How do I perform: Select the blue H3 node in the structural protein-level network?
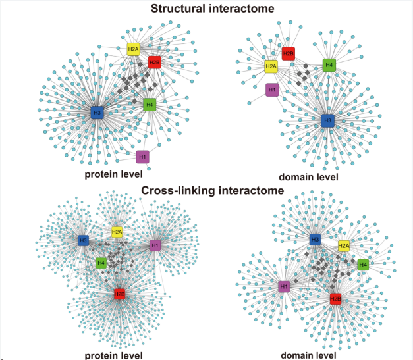point(97,113)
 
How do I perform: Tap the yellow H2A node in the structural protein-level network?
point(134,49)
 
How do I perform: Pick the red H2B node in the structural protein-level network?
point(154,63)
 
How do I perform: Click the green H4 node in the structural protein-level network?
point(150,104)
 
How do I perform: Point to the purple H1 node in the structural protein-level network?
point(142,157)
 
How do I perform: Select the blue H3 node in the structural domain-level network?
point(327,120)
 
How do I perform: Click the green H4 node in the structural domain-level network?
point(329,64)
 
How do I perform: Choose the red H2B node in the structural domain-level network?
point(288,53)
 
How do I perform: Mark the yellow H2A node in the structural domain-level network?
point(271,66)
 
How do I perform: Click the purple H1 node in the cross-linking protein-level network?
point(155,245)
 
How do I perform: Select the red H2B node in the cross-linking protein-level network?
point(119,294)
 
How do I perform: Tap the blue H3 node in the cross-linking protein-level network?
point(83,241)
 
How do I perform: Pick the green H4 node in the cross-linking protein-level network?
point(101,263)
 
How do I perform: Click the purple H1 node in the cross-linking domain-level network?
point(284,286)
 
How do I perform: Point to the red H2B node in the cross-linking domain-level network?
point(335,299)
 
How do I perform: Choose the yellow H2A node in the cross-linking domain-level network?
point(343,246)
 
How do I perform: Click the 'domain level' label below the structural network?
point(309,176)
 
